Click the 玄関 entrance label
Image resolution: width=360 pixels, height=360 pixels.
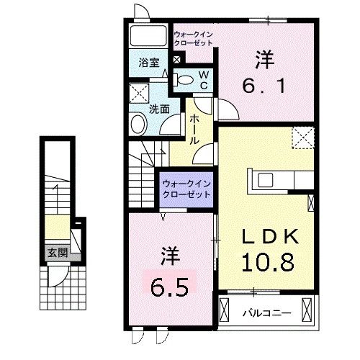pyautogui.click(x=58, y=253)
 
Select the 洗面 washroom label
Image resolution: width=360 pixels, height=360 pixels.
pyautogui.click(x=159, y=110)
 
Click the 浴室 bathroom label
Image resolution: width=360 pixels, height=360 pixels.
pyautogui.click(x=149, y=62)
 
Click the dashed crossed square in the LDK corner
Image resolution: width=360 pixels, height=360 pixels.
pyautogui.click(x=301, y=137)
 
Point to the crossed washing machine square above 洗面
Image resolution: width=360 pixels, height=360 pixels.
pyautogui.click(x=138, y=93)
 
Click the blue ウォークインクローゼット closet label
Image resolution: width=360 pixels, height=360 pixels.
pyautogui.click(x=186, y=189)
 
